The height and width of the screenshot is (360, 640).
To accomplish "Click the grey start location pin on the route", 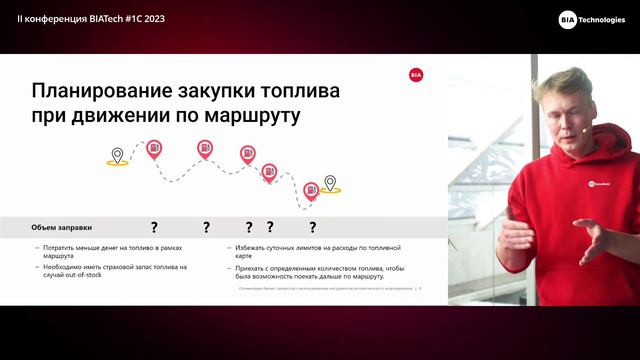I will point(117,155).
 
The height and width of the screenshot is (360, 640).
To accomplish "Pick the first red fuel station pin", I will point(154,149).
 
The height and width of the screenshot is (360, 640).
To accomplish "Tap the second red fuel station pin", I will point(204,149).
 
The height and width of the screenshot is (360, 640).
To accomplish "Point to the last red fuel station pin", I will point(311,188).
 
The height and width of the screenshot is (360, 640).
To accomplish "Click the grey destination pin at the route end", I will point(330,183).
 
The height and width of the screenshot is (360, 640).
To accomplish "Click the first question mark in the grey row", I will point(154,227).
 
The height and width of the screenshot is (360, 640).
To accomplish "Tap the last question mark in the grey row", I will point(312,227).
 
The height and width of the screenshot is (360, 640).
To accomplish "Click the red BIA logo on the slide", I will point(416,74).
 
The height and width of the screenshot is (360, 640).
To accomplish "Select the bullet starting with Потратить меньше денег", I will point(112,250).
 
